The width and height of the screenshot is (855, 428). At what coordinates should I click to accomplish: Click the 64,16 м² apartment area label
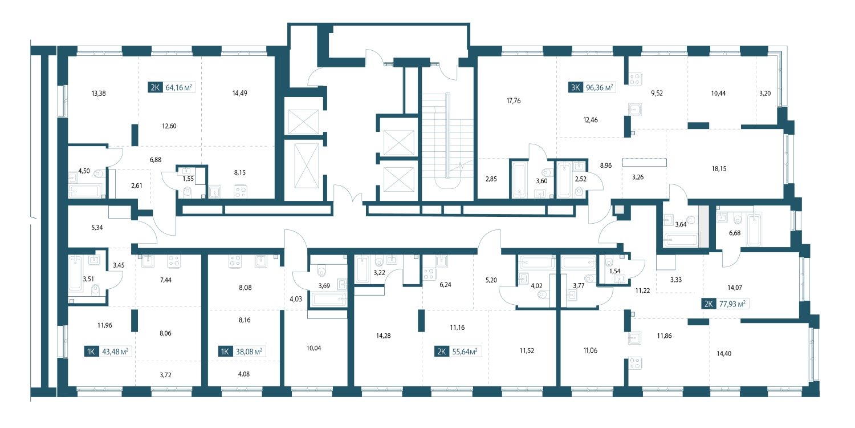[x=178, y=87]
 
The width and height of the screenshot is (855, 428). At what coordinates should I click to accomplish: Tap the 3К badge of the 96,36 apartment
[x=575, y=87]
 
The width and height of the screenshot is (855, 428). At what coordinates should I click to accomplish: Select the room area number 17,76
[x=514, y=101]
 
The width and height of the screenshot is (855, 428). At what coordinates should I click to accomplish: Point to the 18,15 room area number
[x=719, y=168]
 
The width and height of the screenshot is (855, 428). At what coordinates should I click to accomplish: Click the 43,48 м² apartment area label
[x=115, y=351]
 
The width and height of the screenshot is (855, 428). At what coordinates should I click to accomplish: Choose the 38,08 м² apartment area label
[x=249, y=351]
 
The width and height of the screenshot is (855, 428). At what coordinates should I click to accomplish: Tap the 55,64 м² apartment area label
[x=465, y=351]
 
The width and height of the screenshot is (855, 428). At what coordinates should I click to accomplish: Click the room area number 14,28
[x=383, y=336]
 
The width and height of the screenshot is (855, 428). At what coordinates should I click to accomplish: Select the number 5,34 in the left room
[x=97, y=228]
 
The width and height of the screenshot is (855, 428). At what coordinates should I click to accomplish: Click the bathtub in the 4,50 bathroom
[x=85, y=191]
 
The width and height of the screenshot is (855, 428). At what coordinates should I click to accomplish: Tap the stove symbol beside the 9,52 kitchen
[x=636, y=79]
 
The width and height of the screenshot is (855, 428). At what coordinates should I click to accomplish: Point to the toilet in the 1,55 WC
[x=188, y=192]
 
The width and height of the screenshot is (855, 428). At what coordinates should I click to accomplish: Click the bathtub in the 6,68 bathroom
[x=754, y=229]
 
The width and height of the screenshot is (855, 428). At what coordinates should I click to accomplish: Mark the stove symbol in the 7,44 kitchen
[x=174, y=261]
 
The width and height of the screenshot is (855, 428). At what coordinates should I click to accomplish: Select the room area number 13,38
[x=99, y=93]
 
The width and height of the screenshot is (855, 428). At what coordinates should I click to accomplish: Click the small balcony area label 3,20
[x=765, y=93]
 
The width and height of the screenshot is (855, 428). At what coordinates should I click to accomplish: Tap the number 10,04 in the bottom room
[x=313, y=348]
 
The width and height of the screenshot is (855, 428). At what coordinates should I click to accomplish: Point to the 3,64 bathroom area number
[x=681, y=225]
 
